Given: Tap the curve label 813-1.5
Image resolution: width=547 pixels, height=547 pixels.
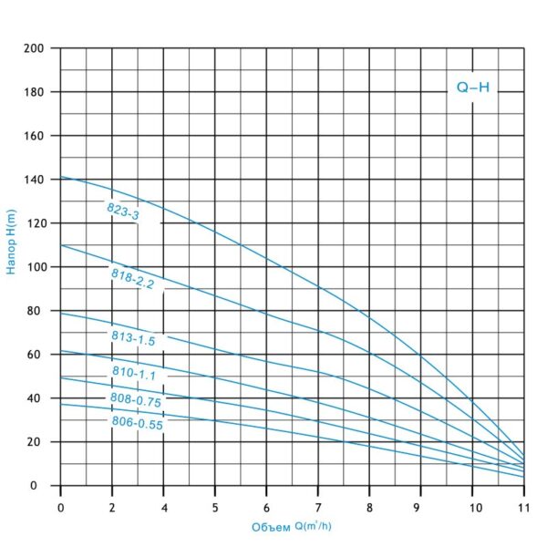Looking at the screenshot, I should pyautogui.click(x=132, y=336).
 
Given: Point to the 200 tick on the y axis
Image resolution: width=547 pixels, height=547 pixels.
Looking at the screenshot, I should pyautogui.click(x=34, y=48).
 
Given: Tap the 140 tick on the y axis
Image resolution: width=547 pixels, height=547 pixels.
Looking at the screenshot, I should pyautogui.click(x=34, y=180).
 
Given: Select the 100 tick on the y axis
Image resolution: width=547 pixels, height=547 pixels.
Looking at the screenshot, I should pyautogui.click(x=34, y=267).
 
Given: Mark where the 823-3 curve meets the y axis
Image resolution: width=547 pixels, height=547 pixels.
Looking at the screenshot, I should pyautogui.click(x=60, y=177).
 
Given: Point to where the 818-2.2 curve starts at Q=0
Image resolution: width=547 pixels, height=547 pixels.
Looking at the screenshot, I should pyautogui.click(x=60, y=244).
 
